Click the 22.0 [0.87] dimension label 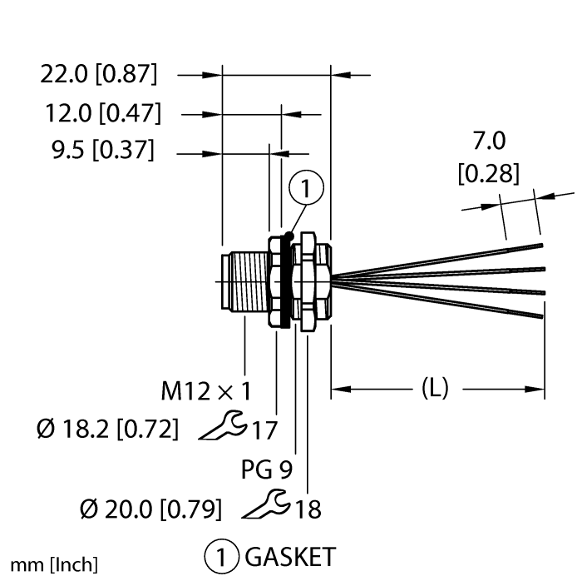[98, 75]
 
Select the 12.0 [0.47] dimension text [104, 112]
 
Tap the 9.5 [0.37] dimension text [101, 151]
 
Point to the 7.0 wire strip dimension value [489, 139]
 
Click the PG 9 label [265, 469]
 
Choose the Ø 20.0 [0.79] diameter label [149, 507]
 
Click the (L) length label [436, 389]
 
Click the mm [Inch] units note [53, 564]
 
